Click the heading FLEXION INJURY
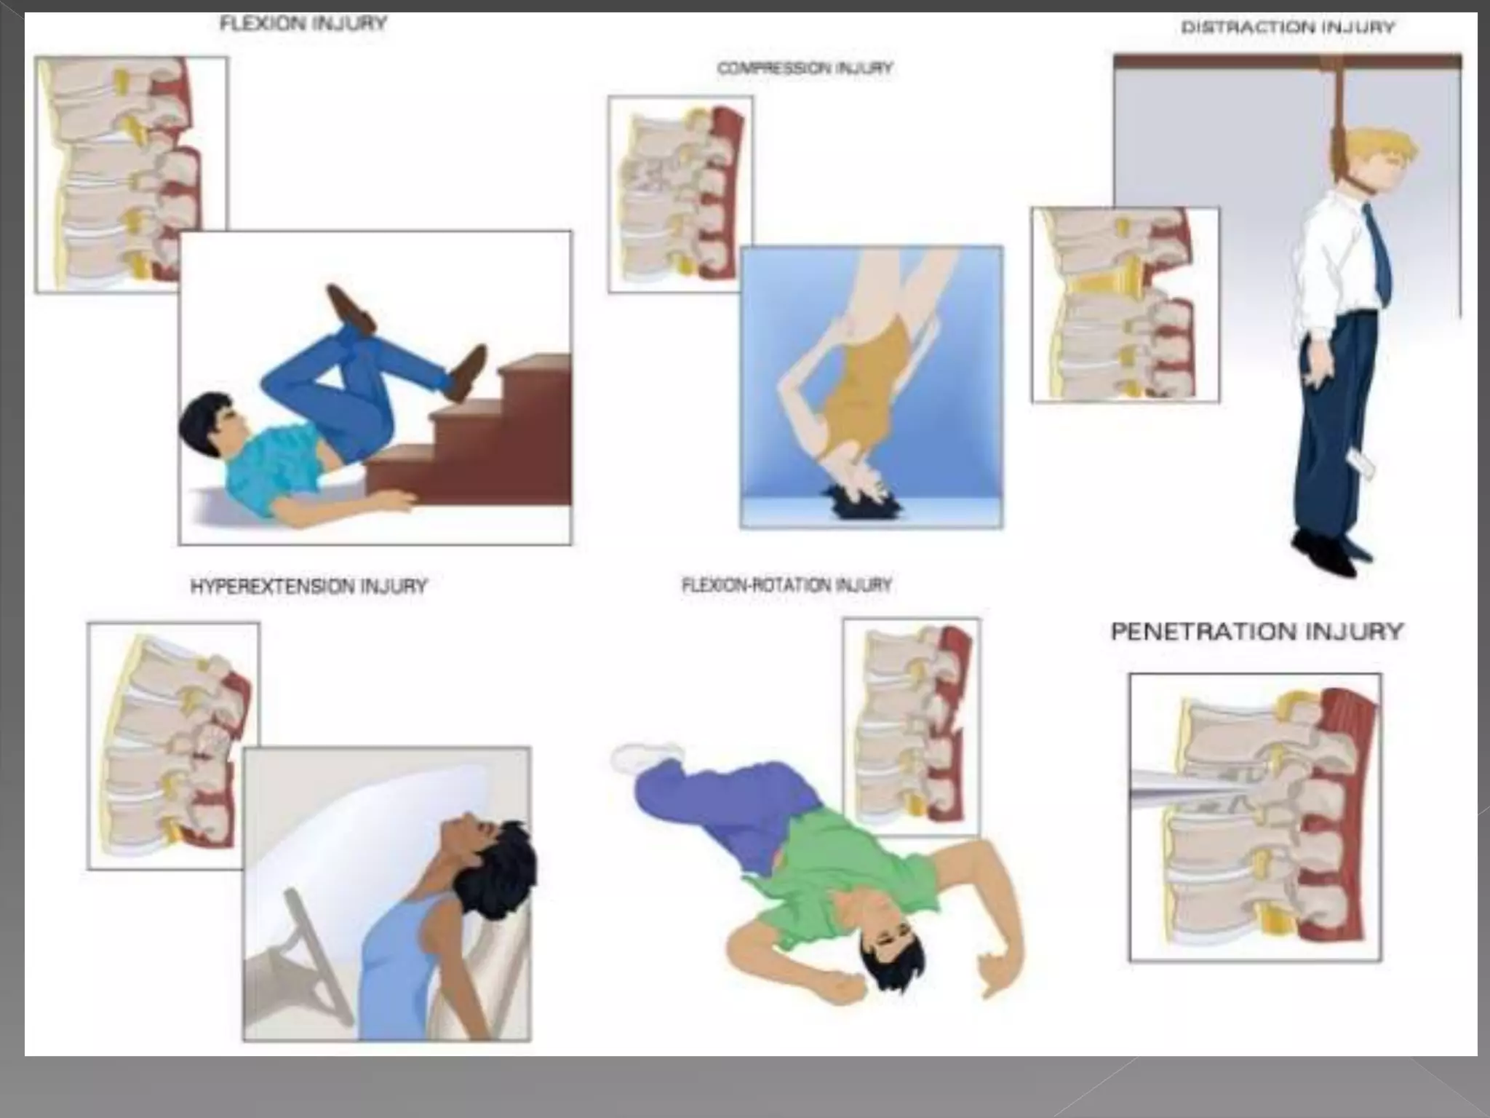(x=303, y=24)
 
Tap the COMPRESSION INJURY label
(x=804, y=68)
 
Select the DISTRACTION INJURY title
(x=1287, y=28)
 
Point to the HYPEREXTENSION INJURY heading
(x=308, y=587)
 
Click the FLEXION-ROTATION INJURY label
(x=786, y=585)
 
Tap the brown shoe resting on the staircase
(x=466, y=371)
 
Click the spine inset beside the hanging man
(x=1124, y=304)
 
